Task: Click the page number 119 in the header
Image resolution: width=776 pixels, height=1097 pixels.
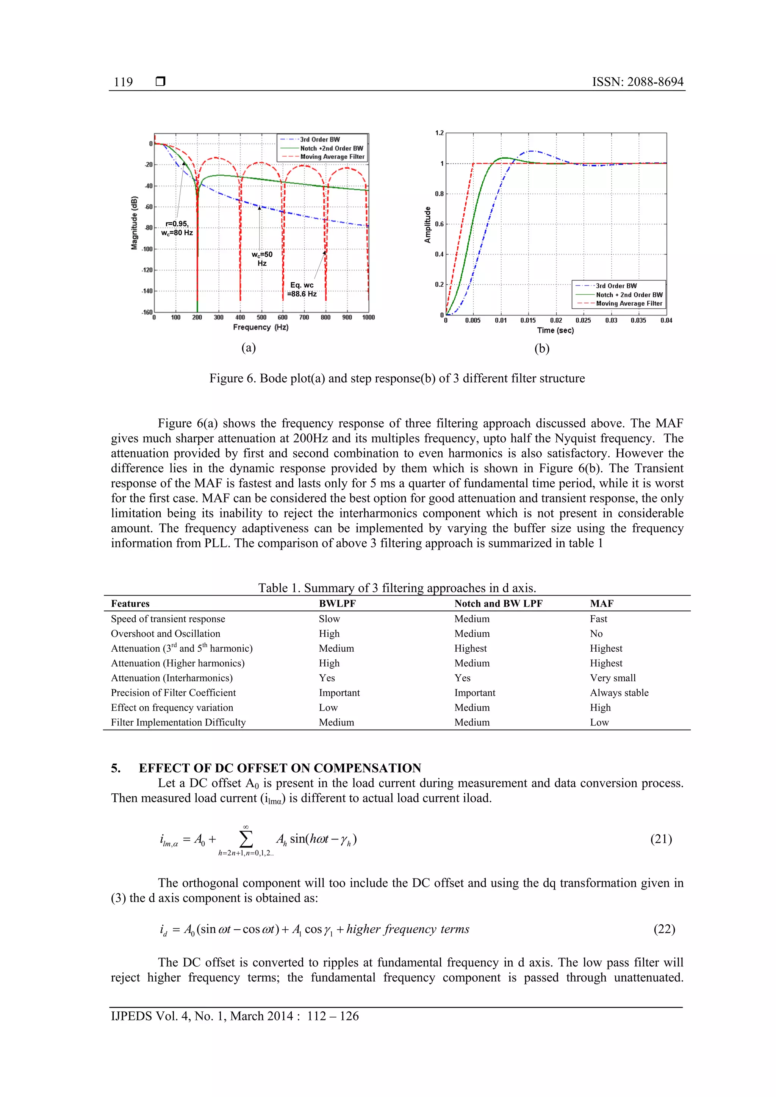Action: click(x=124, y=82)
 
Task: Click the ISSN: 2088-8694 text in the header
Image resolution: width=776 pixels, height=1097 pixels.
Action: click(x=637, y=82)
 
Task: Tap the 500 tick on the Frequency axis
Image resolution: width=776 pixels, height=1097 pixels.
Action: click(x=261, y=317)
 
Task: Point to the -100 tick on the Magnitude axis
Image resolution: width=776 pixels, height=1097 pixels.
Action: click(x=147, y=249)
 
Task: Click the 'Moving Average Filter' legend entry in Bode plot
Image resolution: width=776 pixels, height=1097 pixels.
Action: click(x=332, y=157)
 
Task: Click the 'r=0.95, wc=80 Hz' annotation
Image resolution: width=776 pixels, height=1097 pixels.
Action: click(x=177, y=228)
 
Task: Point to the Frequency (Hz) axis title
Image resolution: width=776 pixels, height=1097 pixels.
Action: click(x=261, y=327)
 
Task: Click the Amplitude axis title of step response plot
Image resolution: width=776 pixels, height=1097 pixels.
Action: click(x=427, y=225)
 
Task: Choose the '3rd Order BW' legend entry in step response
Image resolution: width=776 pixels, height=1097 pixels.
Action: click(x=616, y=286)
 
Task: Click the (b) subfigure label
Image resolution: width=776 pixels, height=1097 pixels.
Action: click(x=542, y=348)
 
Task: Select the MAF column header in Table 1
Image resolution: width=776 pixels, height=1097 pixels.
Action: click(x=601, y=604)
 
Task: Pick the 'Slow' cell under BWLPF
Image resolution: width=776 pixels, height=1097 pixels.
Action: click(x=329, y=619)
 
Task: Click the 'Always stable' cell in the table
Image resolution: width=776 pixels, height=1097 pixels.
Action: click(x=619, y=693)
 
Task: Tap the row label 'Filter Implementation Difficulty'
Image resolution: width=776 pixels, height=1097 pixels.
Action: click(x=178, y=722)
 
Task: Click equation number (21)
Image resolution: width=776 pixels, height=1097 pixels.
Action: click(x=661, y=839)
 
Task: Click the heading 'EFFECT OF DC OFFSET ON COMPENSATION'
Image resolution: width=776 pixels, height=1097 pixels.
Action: click(x=280, y=768)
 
